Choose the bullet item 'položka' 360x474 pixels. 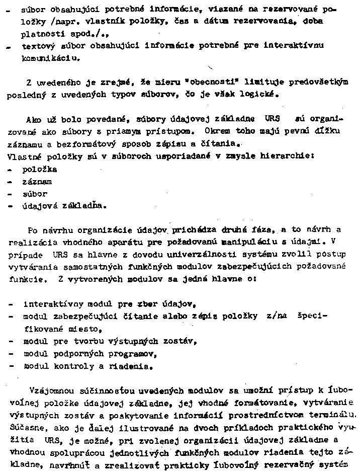coord(41,169)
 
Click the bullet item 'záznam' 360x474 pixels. coord(38,181)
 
